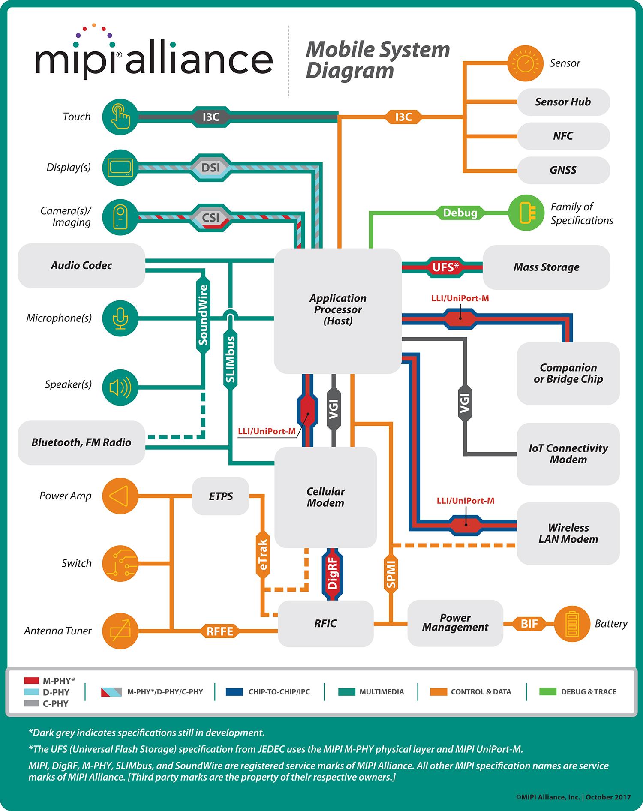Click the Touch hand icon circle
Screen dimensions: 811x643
tap(120, 117)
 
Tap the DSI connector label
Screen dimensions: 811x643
tap(210, 167)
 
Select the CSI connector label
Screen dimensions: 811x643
tap(210, 218)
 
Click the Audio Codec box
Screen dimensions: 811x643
tap(81, 266)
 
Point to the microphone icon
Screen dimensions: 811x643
tap(120, 318)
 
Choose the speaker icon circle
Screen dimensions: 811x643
tap(120, 387)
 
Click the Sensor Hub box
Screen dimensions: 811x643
tap(563, 102)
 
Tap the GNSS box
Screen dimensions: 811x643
tap(563, 170)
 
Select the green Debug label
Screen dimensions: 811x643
tap(460, 213)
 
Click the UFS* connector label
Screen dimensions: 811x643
tap(445, 267)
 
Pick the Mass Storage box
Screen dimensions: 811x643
tap(546, 267)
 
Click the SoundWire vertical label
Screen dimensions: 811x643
tap(203, 315)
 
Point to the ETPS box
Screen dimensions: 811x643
tap(221, 496)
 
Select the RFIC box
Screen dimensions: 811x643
tap(325, 624)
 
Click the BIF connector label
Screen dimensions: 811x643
tap(529, 624)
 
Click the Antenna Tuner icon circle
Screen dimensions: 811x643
tap(120, 631)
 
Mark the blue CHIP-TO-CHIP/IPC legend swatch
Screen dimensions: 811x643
tap(237, 691)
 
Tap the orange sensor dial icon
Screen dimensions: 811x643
tap(525, 63)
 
